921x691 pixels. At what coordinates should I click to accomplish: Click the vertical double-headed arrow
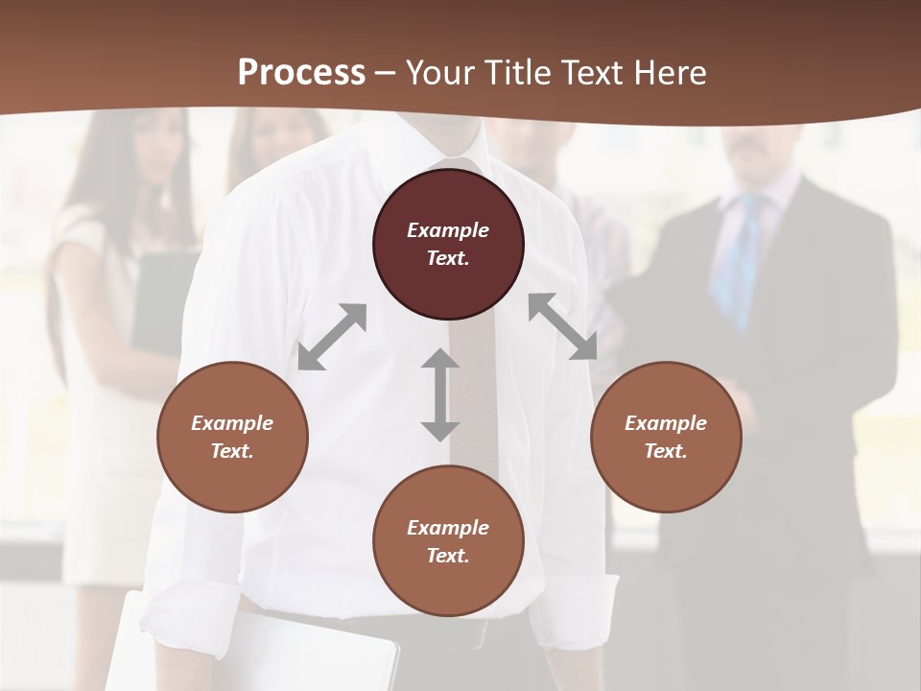click(440, 394)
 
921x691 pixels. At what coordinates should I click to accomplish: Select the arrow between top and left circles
click(332, 337)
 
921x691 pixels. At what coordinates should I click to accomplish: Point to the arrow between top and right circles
click(562, 326)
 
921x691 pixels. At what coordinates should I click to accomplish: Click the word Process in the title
click(301, 73)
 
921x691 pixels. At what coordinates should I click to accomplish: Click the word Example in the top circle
click(448, 230)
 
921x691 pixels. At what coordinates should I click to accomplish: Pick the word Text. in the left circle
click(232, 451)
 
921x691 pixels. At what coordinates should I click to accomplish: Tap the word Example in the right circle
click(666, 423)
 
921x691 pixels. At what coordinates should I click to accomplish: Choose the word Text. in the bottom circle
click(448, 556)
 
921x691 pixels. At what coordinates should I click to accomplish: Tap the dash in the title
click(386, 73)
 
